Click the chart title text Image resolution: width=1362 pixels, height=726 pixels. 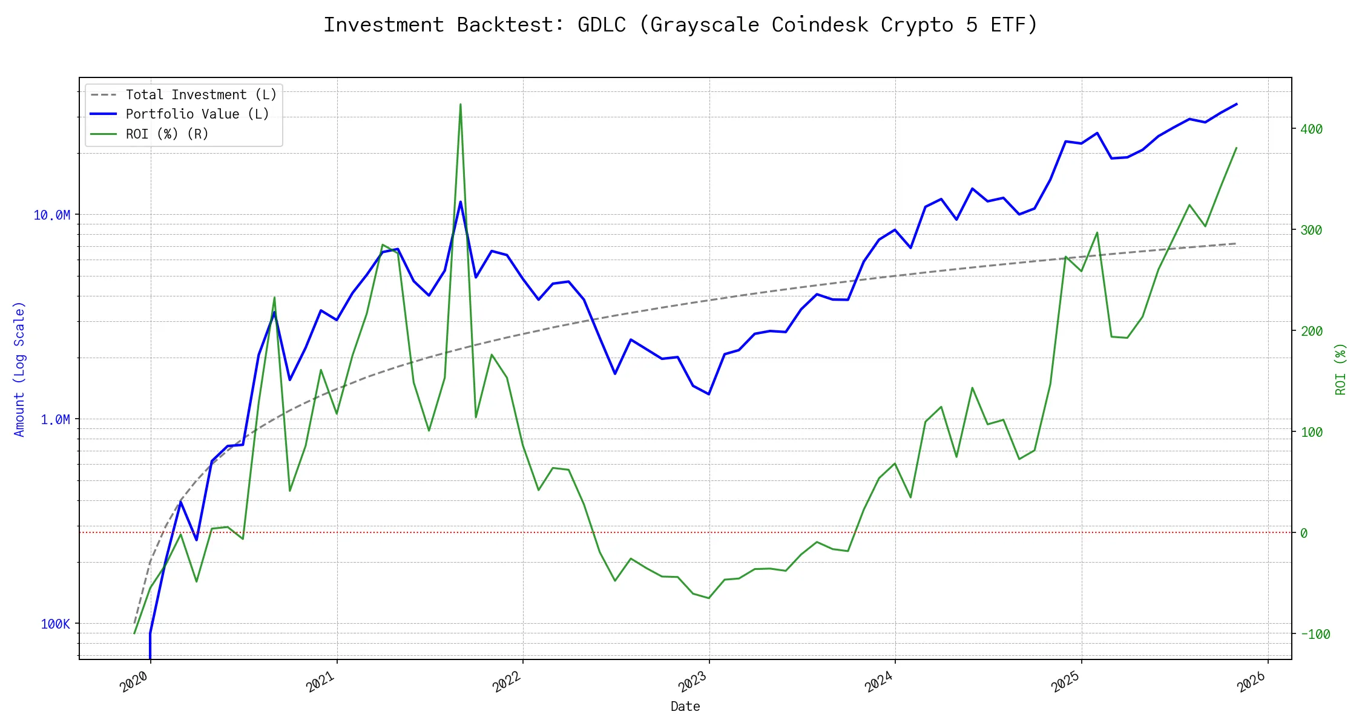pyautogui.click(x=680, y=25)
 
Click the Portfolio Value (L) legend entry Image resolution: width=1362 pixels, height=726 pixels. pyautogui.click(x=197, y=114)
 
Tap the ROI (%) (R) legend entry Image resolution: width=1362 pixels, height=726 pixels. pyautogui.click(x=167, y=134)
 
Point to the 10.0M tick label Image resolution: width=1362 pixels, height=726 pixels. pyautogui.click(x=52, y=215)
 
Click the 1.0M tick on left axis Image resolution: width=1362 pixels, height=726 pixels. pyautogui.click(x=55, y=419)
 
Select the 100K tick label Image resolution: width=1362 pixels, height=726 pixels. pyautogui.click(x=55, y=624)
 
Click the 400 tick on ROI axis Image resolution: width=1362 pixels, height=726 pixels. pyautogui.click(x=1311, y=129)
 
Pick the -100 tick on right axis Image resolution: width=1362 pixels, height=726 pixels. pyautogui.click(x=1315, y=634)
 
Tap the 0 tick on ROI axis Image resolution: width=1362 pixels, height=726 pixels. pyautogui.click(x=1304, y=533)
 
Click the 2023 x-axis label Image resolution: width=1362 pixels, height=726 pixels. pyautogui.click(x=693, y=682)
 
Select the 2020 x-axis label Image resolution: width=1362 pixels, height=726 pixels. pyautogui.click(x=134, y=682)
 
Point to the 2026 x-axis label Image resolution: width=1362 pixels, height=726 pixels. pyautogui.click(x=1251, y=682)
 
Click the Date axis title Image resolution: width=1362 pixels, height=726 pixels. pyautogui.click(x=685, y=706)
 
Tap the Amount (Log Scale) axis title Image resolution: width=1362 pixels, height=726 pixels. pyautogui.click(x=19, y=369)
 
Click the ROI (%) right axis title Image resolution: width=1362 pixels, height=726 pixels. pyautogui.click(x=1341, y=369)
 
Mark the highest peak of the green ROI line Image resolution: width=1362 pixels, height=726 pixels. pyautogui.click(x=461, y=104)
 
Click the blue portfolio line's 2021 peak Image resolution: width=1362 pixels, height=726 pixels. pyautogui.click(x=461, y=201)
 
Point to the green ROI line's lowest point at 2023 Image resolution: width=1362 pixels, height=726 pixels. pyautogui.click(x=709, y=598)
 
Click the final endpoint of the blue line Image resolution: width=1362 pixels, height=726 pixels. pyautogui.click(x=1236, y=104)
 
